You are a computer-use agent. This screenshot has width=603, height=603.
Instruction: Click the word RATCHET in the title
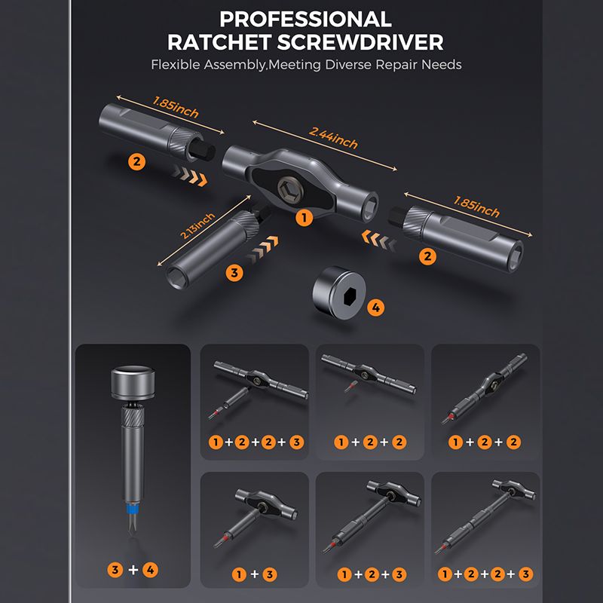[219, 42]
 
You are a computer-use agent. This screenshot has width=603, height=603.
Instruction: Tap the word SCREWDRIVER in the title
[360, 42]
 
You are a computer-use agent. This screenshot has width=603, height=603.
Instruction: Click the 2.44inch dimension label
[333, 138]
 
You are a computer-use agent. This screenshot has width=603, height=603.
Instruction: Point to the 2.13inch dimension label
[197, 225]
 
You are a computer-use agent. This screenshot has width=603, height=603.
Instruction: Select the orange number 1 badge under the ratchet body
[305, 218]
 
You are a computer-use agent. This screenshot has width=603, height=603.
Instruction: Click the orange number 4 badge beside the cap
[375, 308]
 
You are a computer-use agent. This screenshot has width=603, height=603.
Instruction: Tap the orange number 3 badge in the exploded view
[234, 273]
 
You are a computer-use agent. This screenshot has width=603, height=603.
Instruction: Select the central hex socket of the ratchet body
[290, 189]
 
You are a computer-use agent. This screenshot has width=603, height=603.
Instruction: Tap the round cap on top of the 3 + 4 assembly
[133, 383]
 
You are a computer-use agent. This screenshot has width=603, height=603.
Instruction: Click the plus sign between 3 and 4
[133, 569]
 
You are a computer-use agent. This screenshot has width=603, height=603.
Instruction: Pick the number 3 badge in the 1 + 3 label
[270, 574]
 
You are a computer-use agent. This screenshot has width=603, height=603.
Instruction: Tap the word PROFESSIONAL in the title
[306, 19]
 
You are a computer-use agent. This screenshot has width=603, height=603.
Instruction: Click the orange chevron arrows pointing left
[379, 240]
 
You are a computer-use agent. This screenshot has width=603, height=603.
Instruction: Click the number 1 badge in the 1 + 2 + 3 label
[344, 574]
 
